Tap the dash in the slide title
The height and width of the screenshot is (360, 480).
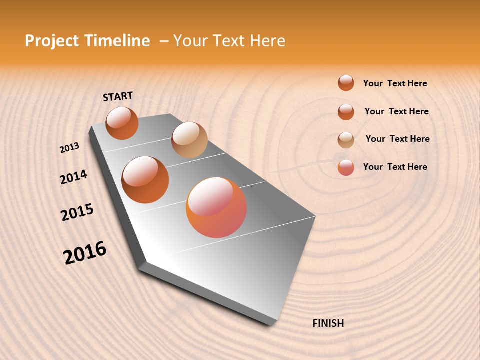pyautogui.click(x=164, y=41)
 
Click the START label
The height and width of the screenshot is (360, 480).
pyautogui.click(x=118, y=96)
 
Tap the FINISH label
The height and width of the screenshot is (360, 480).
pyautogui.click(x=328, y=323)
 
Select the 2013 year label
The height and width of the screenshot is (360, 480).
pyautogui.click(x=69, y=148)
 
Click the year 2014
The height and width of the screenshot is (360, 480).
pyautogui.click(x=73, y=177)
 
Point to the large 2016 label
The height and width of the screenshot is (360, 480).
pyautogui.click(x=85, y=252)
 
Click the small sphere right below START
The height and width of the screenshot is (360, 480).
pyautogui.click(x=122, y=123)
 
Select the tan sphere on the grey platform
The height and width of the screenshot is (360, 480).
pyautogui.click(x=189, y=140)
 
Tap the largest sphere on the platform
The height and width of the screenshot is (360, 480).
pyautogui.click(x=216, y=207)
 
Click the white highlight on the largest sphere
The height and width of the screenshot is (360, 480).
pyautogui.click(x=210, y=196)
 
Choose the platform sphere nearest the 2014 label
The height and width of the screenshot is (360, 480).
pyautogui.click(x=145, y=179)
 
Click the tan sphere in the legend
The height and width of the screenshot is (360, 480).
pyautogui.click(x=346, y=140)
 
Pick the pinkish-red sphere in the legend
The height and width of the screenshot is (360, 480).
pyautogui.click(x=346, y=168)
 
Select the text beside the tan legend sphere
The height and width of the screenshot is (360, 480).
pyautogui.click(x=397, y=139)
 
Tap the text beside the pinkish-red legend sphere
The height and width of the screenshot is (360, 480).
pyautogui.click(x=395, y=167)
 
